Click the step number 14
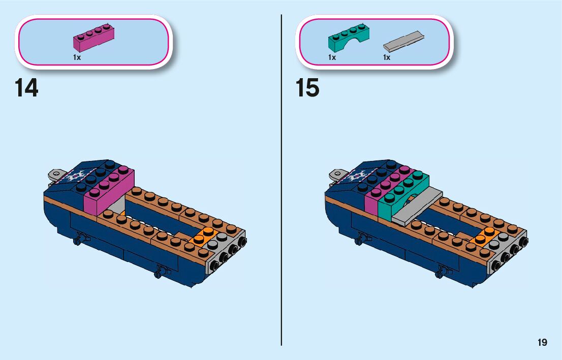pyautogui.click(x=26, y=87)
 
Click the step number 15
pyautogui.click(x=307, y=87)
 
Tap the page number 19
pyautogui.click(x=542, y=342)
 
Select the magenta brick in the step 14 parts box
pyautogui.click(x=93, y=38)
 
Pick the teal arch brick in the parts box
pyautogui.click(x=348, y=38)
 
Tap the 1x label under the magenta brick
pyautogui.click(x=77, y=57)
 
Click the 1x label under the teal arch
pyautogui.click(x=332, y=57)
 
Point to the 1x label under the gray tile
pyautogui.click(x=387, y=57)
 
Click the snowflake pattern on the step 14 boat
pyautogui.click(x=74, y=177)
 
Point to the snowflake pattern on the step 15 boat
pyautogui.click(x=356, y=177)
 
